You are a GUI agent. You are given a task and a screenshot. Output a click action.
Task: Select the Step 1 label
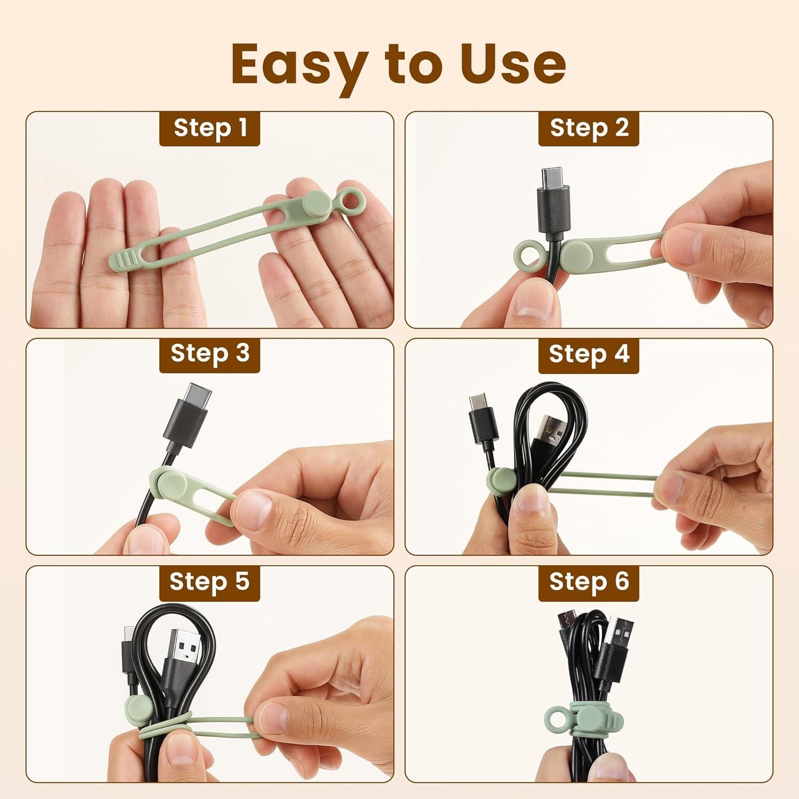tap(210, 128)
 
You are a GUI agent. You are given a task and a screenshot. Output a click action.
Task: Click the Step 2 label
tap(589, 128)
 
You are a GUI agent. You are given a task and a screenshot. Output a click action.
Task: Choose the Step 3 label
tap(210, 354)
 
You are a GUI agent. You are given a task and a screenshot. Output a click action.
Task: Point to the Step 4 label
tap(589, 354)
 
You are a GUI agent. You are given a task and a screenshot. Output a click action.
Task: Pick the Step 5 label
tap(210, 582)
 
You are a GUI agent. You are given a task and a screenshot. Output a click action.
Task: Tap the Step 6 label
tap(589, 582)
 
